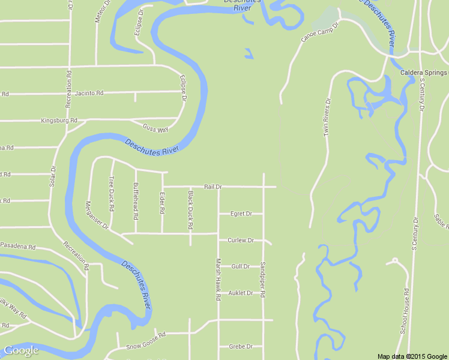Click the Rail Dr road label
pyautogui.click(x=213, y=187)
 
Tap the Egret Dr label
pyautogui.click(x=241, y=214)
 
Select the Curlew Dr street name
pyautogui.click(x=241, y=240)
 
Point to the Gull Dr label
pyautogui.click(x=240, y=266)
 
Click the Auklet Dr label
pyautogui.click(x=241, y=293)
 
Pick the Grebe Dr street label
pyautogui.click(x=241, y=346)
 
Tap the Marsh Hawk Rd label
pyautogui.click(x=218, y=280)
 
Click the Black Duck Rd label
pyautogui.click(x=190, y=209)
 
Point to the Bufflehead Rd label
pyautogui.click(x=136, y=200)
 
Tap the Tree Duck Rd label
pyautogui.click(x=112, y=193)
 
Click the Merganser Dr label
pyautogui.click(x=96, y=215)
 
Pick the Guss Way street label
pyautogui.click(x=155, y=128)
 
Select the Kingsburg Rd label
pyautogui.click(x=59, y=121)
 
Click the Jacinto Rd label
pyautogui.click(x=89, y=94)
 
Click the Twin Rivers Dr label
pyautogui.click(x=328, y=118)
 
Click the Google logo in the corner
pyautogui.click(x=21, y=350)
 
